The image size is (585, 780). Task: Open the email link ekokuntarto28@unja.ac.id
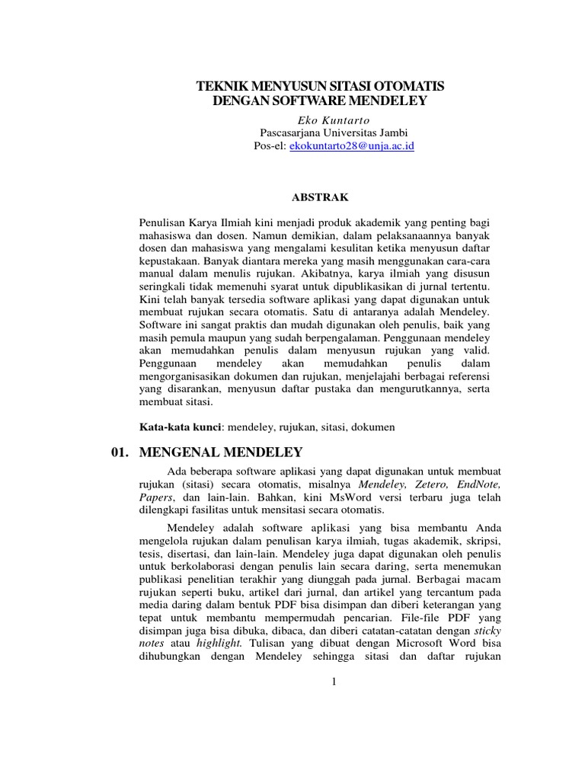click(x=351, y=145)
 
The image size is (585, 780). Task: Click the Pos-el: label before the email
click(x=270, y=145)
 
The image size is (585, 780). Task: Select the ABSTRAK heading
click(x=320, y=197)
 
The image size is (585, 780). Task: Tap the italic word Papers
click(x=155, y=497)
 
